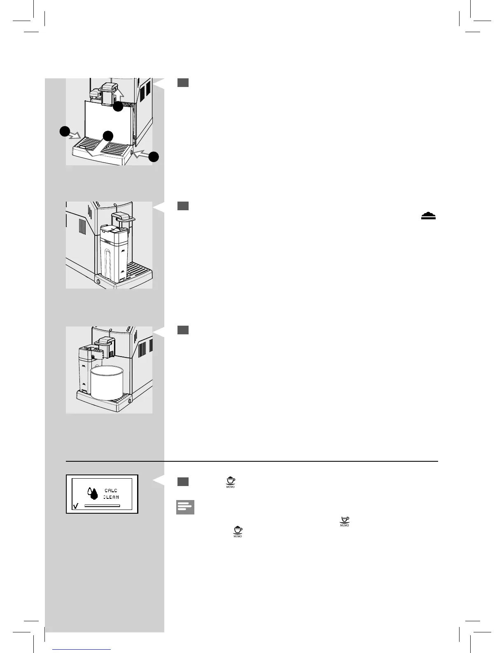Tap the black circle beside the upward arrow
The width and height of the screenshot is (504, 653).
(x=118, y=106)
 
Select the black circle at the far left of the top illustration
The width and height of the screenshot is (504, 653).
(x=64, y=132)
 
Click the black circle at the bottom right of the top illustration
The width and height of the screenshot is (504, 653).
(x=154, y=157)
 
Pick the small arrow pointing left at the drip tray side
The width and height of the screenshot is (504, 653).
(x=140, y=155)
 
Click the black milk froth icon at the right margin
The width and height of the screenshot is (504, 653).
(x=428, y=216)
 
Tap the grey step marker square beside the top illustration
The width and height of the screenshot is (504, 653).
(x=183, y=82)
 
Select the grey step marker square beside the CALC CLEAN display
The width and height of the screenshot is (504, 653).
(x=183, y=482)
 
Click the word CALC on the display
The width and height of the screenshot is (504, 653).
(x=111, y=491)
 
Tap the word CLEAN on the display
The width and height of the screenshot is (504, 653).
(x=111, y=497)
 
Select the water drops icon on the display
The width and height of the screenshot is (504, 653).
(x=93, y=493)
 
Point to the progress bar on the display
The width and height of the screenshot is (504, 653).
(x=102, y=505)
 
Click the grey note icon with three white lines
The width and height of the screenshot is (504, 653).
(x=185, y=507)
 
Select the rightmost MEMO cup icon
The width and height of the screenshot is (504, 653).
(x=345, y=521)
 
